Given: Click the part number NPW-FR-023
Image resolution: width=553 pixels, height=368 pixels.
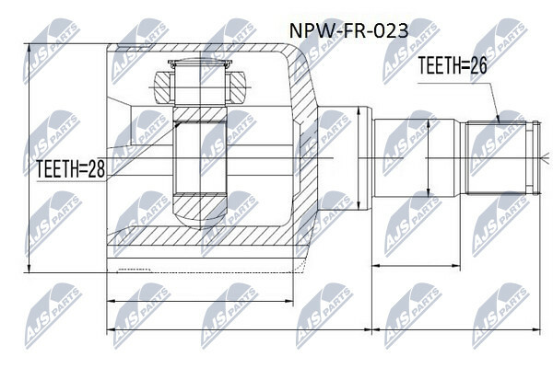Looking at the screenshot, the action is [x=348, y=30].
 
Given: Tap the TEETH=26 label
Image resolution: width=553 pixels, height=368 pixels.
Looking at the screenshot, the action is [x=453, y=65].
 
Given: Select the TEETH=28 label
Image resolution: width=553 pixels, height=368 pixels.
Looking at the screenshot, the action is [x=71, y=168].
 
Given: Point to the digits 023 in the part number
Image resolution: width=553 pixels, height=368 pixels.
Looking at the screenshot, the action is [x=394, y=30].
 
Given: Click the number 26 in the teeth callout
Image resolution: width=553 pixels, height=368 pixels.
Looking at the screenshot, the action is [x=478, y=65].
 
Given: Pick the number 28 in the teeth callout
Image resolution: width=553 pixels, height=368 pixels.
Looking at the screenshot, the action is [x=96, y=168].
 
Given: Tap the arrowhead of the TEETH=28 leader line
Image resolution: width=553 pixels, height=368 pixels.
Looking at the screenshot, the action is [x=177, y=124].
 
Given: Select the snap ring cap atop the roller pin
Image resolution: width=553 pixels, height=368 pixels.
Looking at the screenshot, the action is [x=200, y=63].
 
